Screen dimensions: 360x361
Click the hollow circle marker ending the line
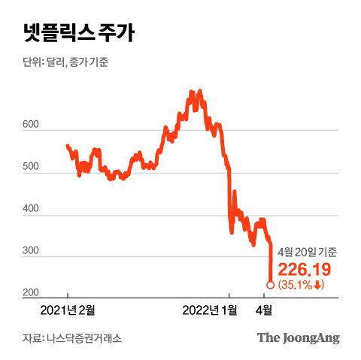click(271, 285)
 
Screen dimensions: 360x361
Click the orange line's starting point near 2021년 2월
click(67, 146)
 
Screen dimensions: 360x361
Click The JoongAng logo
click(299, 337)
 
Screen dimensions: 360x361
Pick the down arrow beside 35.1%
click(319, 285)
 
